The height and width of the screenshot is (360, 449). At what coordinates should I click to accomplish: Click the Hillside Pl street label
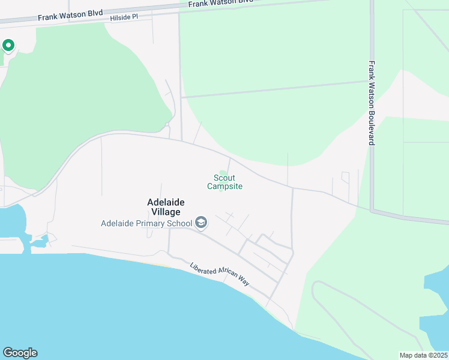(x=124, y=18)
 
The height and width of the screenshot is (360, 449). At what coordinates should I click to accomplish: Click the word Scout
(x=224, y=178)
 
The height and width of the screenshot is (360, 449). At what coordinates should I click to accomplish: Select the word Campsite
(x=224, y=187)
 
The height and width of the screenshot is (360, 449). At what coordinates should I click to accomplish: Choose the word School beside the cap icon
(x=179, y=224)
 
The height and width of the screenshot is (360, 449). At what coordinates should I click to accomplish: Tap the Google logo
(x=20, y=353)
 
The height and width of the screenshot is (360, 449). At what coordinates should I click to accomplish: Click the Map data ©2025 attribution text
(x=423, y=355)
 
